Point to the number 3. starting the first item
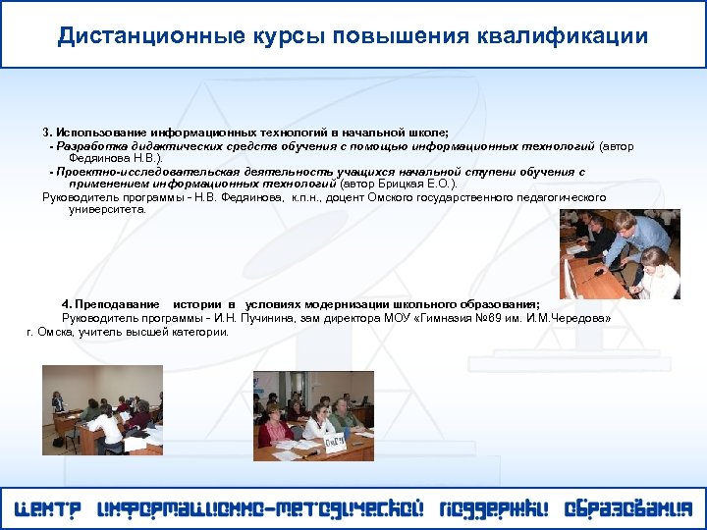click(47, 132)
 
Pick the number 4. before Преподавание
click(66, 305)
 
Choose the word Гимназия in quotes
click(442, 318)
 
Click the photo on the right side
click(619, 254)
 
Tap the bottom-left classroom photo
click(102, 409)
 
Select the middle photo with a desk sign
click(313, 415)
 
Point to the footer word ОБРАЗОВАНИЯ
click(628, 509)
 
